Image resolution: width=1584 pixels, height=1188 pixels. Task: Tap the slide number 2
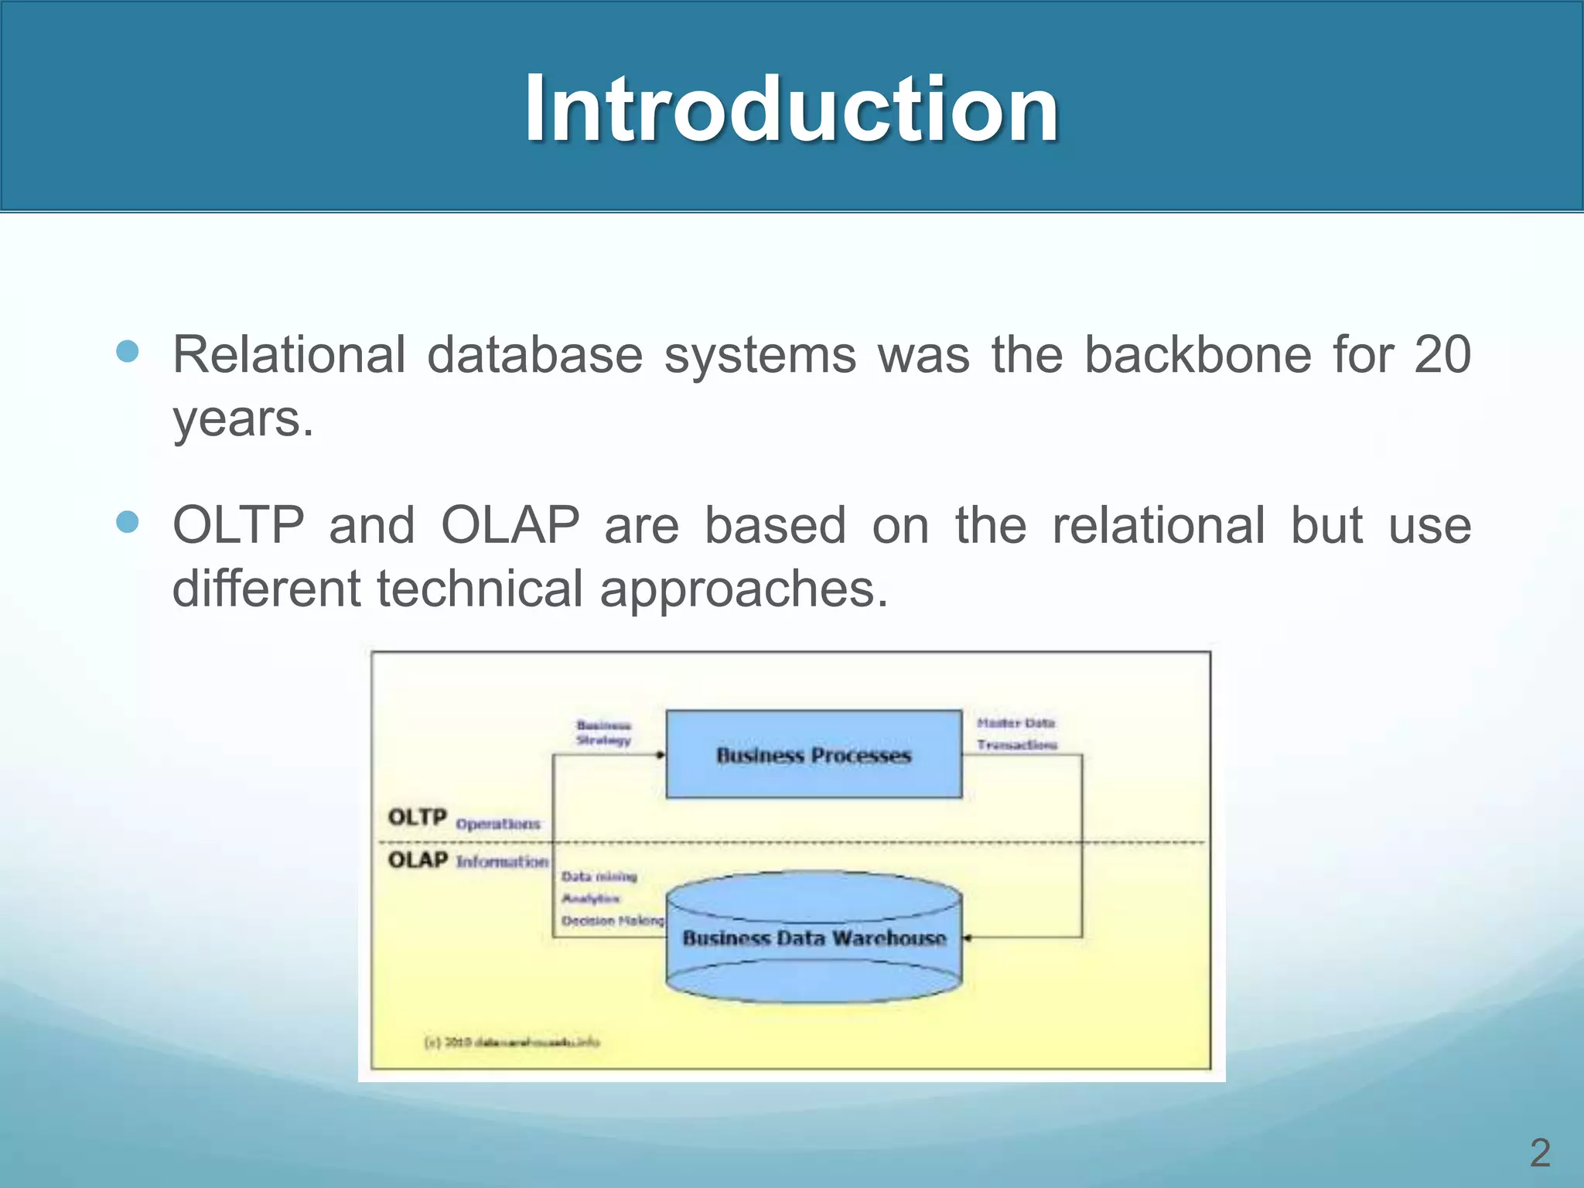click(1540, 1153)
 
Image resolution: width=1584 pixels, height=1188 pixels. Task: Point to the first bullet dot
click(127, 352)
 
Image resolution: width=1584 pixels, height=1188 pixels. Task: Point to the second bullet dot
click(127, 522)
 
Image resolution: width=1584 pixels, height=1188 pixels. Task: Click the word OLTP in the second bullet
click(238, 525)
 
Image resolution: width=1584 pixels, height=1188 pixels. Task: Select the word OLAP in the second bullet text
click(510, 525)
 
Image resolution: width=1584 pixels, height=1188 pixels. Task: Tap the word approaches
click(743, 589)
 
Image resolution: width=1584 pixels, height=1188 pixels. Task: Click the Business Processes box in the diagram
click(814, 755)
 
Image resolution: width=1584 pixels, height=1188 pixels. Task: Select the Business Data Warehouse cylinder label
click(814, 938)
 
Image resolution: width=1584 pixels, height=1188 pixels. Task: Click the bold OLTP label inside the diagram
click(418, 818)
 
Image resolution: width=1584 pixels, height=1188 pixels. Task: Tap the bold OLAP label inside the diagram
click(418, 860)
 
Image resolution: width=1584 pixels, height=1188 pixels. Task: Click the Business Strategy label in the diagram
click(603, 732)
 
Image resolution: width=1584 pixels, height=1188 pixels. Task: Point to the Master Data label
click(1016, 723)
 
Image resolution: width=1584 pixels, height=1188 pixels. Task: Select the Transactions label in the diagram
click(1016, 745)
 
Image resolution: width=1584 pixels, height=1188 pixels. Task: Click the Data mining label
click(599, 876)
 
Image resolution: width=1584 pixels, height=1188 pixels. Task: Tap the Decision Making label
click(612, 920)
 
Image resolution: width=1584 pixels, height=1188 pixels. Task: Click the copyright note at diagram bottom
click(512, 1042)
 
